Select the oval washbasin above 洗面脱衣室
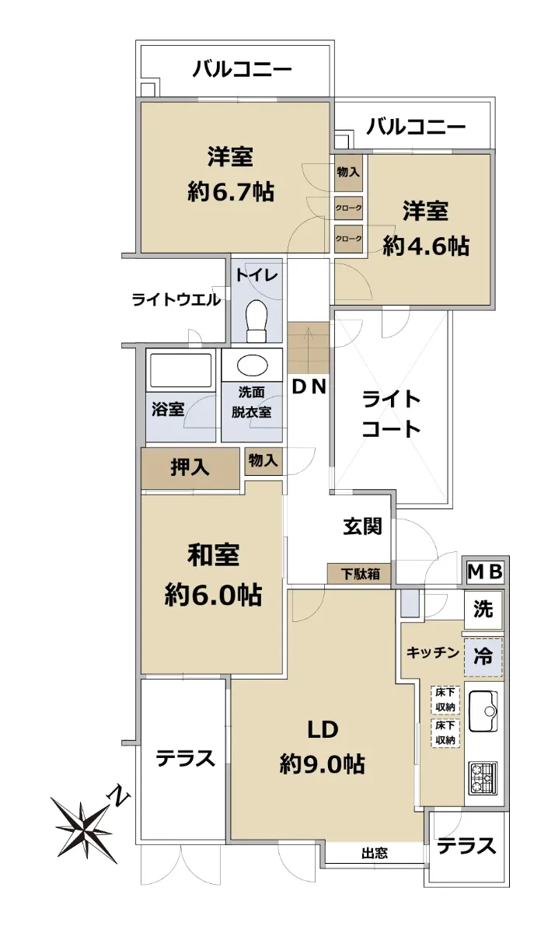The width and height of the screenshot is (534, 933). [x=252, y=365]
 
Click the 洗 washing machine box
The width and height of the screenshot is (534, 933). [x=483, y=610]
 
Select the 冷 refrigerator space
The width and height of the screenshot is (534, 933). [x=483, y=657]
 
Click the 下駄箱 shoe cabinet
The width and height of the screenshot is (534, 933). [x=359, y=575]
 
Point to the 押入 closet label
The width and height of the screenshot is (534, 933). [x=190, y=468]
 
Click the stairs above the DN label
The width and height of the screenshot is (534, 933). [x=309, y=348]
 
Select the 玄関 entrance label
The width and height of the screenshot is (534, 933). [x=362, y=526]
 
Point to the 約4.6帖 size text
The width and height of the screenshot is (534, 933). [x=426, y=246]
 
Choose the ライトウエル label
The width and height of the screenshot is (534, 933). [x=176, y=300]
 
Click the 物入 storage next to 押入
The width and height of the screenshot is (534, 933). [x=264, y=461]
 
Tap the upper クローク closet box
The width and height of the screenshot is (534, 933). [x=349, y=208]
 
